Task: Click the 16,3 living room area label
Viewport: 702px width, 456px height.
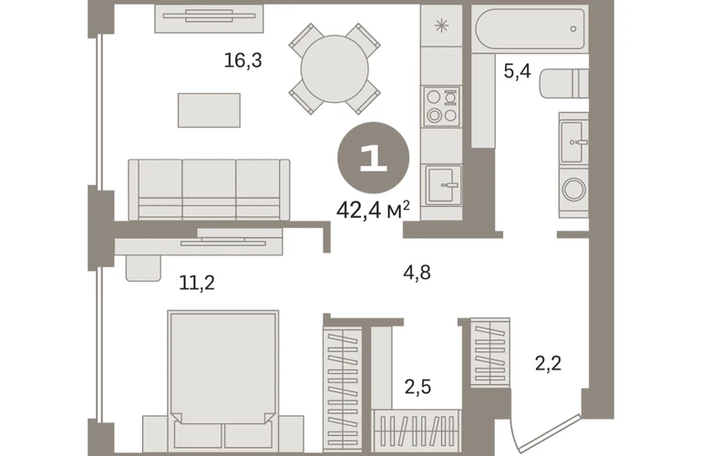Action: [243, 60]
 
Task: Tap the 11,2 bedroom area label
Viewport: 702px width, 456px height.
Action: [197, 283]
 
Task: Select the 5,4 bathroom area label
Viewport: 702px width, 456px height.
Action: [517, 71]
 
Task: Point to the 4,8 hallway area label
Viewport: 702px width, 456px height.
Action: [417, 273]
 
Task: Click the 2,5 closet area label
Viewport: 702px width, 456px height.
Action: [418, 387]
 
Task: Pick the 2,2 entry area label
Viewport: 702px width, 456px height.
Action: [548, 363]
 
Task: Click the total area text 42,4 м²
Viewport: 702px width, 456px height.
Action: [373, 210]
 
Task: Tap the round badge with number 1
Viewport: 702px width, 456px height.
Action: [373, 158]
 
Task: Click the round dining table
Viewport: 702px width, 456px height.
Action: [335, 69]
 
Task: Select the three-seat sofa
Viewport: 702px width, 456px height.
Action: [209, 190]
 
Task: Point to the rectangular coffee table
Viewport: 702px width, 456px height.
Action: [209, 110]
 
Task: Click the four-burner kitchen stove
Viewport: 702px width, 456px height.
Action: [442, 106]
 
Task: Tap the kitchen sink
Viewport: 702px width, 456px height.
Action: [443, 184]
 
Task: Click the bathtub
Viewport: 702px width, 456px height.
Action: [530, 29]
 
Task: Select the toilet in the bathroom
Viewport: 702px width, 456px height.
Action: [564, 83]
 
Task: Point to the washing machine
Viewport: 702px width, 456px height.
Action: [573, 189]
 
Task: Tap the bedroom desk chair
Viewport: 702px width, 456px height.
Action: [143, 268]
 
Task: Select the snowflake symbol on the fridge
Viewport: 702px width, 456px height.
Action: [441, 26]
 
